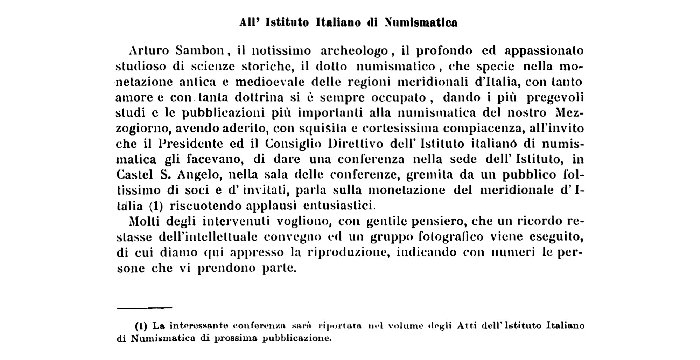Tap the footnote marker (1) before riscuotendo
click(156, 206)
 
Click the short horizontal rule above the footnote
click(145, 308)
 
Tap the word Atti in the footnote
click(468, 326)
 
